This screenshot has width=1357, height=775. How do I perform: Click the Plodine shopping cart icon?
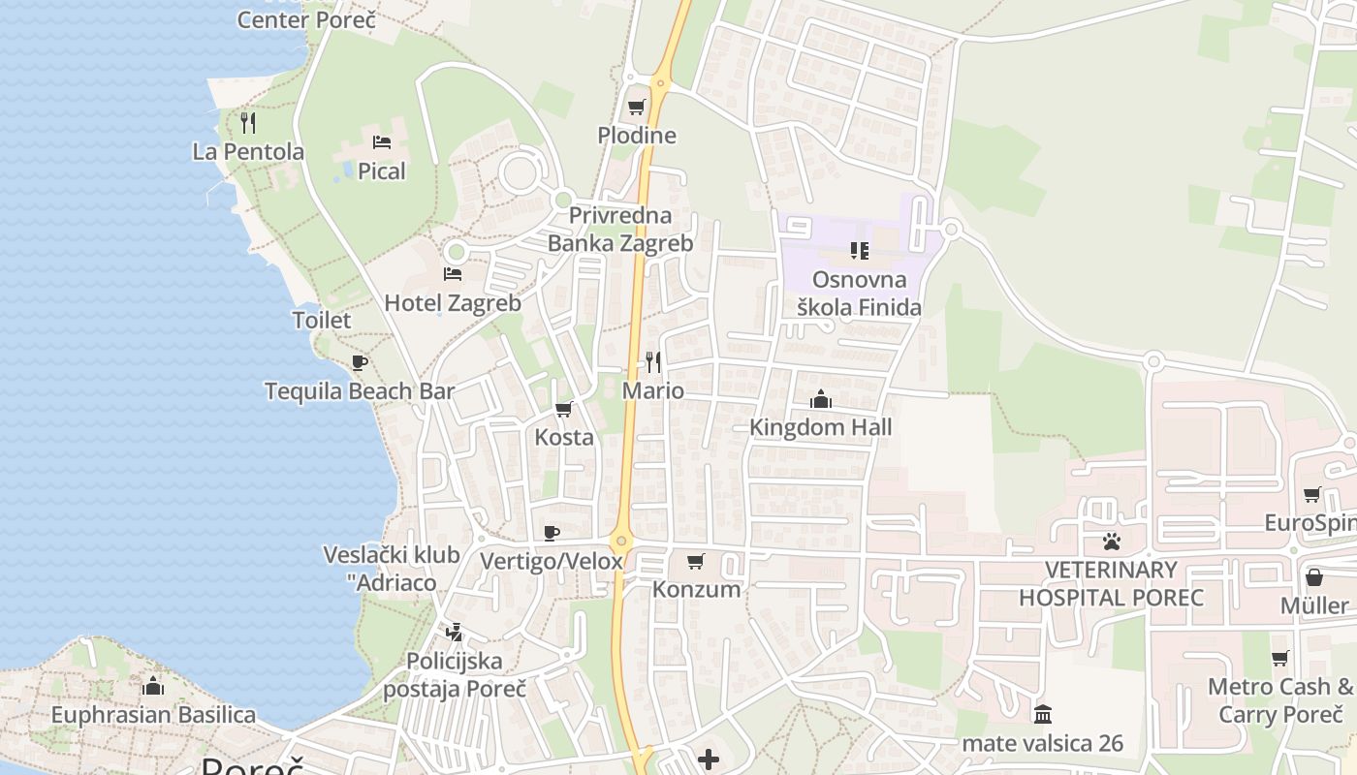tap(637, 108)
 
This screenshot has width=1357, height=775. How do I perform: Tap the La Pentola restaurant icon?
tap(248, 123)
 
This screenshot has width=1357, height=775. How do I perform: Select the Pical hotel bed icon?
tap(382, 142)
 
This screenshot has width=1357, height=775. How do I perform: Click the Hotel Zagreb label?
tap(453, 303)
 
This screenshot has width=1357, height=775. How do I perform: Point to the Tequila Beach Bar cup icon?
tap(360, 363)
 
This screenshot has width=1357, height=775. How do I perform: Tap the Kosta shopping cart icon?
tap(564, 409)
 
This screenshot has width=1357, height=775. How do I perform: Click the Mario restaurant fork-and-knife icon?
tap(653, 362)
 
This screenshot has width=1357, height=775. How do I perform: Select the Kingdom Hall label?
tap(820, 427)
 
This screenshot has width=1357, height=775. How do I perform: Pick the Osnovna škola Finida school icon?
tap(859, 252)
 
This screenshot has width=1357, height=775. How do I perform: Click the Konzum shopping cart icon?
tap(696, 561)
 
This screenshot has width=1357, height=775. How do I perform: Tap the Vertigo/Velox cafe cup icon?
tap(552, 533)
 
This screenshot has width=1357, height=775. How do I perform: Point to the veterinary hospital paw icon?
tap(1111, 542)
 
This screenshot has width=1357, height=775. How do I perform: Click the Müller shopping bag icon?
tap(1314, 577)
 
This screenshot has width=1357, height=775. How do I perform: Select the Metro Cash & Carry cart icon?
tap(1280, 659)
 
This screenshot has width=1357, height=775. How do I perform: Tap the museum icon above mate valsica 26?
tap(1043, 715)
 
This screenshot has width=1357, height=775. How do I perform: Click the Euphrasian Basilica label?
tap(153, 716)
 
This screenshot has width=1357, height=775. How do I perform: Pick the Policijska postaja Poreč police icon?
tap(454, 633)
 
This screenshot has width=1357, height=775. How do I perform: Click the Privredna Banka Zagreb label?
tap(620, 230)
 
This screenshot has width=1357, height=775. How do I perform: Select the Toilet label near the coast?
tap(322, 320)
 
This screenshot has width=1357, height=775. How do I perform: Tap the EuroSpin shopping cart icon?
tap(1312, 495)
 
